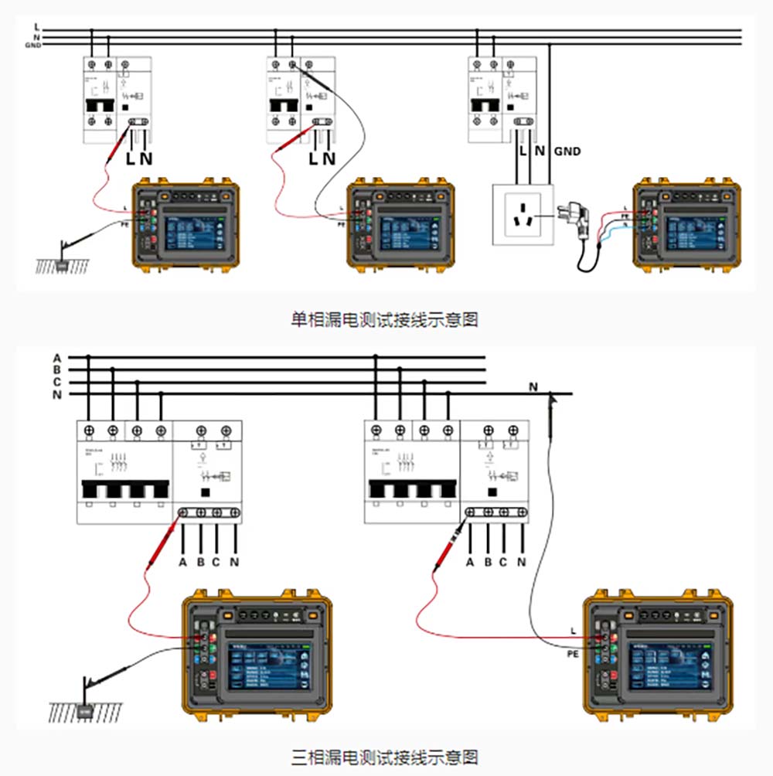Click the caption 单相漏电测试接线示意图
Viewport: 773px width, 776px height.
tap(384, 319)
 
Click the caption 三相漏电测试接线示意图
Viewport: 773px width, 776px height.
tap(384, 755)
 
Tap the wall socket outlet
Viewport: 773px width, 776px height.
tap(523, 214)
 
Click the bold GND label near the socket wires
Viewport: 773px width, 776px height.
tap(567, 152)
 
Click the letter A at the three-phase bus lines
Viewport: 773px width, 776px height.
tap(56, 358)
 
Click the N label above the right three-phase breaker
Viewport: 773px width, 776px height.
tap(533, 386)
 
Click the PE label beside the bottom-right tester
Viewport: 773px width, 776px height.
tap(573, 654)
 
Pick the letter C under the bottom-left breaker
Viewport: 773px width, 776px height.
tap(216, 562)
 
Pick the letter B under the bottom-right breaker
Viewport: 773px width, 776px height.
tap(488, 562)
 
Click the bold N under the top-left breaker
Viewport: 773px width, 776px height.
tap(146, 159)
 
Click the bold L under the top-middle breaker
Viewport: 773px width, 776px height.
tap(313, 159)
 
